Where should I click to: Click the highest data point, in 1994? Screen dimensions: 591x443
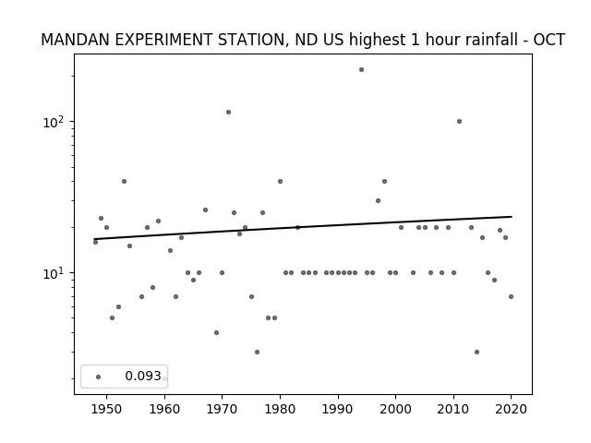(361, 70)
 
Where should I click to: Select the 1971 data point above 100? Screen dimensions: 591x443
(228, 113)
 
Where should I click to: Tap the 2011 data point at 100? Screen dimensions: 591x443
(460, 121)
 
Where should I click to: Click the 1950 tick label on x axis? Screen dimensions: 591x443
(107, 409)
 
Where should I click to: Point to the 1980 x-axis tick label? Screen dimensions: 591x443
(280, 409)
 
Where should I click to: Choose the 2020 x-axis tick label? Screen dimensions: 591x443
(511, 409)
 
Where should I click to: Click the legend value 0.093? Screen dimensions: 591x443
(143, 376)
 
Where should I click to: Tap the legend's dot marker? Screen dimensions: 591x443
(99, 377)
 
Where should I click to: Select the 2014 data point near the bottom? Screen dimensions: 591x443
(476, 353)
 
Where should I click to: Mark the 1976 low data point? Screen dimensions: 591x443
(257, 353)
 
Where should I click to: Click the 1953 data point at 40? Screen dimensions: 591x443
(124, 182)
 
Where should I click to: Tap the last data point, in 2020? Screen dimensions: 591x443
(511, 297)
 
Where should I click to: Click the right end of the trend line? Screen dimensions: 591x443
(512, 217)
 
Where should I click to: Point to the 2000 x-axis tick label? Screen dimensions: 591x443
(395, 409)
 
